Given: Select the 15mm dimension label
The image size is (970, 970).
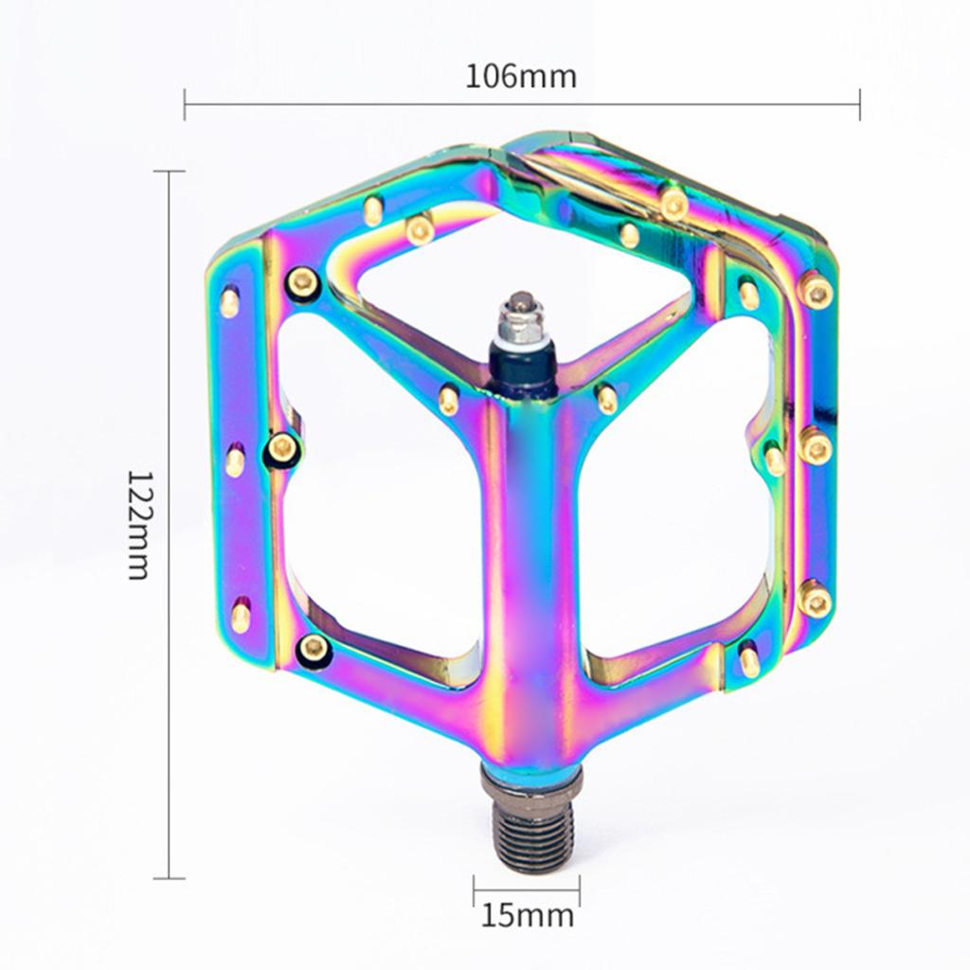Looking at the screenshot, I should point(528,915).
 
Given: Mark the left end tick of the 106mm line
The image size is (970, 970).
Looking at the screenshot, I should point(185,104).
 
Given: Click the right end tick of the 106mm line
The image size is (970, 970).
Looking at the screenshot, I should point(859,104).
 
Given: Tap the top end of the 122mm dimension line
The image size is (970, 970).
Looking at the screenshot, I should point(169,171).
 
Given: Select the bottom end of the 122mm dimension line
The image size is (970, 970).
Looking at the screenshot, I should point(169,878).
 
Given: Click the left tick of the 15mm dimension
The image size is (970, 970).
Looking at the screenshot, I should point(475,889).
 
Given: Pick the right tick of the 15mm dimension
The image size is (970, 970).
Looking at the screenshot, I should point(580,889).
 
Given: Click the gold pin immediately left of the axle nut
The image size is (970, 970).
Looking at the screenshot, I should point(449,399).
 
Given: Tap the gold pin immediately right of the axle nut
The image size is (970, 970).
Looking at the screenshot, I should point(606,398).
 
